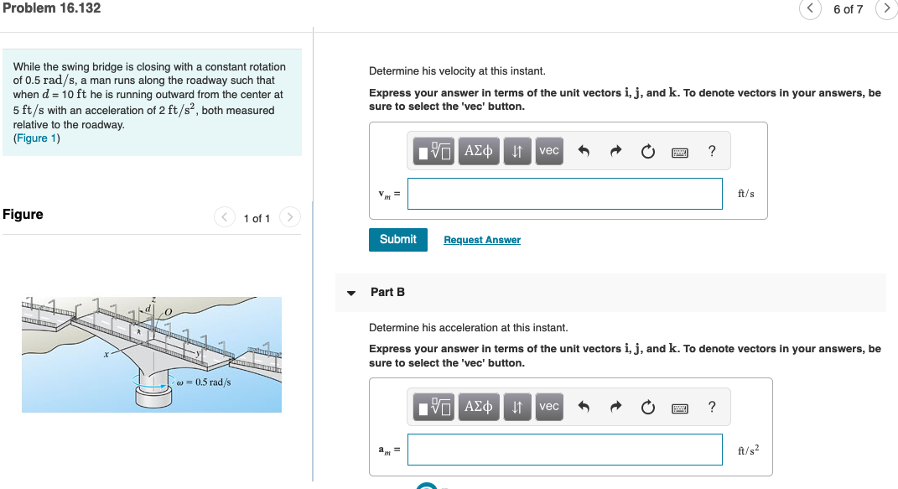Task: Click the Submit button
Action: (x=397, y=239)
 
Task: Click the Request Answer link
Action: (x=482, y=240)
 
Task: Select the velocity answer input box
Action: (x=564, y=194)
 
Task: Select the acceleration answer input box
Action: (x=564, y=450)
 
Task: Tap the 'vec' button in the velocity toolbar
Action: (x=548, y=151)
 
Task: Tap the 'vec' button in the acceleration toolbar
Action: (x=548, y=407)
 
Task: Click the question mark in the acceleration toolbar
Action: (x=712, y=408)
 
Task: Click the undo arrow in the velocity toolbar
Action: (x=584, y=152)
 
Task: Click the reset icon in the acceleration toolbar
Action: (x=647, y=408)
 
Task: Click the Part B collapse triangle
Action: (x=351, y=293)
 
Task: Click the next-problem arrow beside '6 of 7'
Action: (x=886, y=9)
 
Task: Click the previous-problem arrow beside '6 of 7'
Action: (x=810, y=9)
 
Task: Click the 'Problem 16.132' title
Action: (x=51, y=8)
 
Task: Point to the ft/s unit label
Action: (x=745, y=194)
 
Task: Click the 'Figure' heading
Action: (x=23, y=215)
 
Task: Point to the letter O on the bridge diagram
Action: (x=168, y=312)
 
